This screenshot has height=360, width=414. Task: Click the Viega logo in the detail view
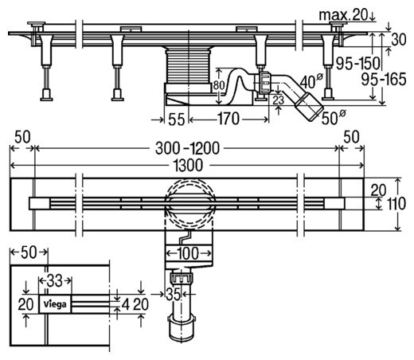[x=55, y=304]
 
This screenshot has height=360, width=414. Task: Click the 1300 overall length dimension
[x=189, y=165]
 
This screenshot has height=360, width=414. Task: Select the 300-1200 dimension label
[x=187, y=148]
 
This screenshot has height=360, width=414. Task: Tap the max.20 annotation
[x=343, y=15]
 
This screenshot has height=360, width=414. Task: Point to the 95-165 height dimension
[x=384, y=80]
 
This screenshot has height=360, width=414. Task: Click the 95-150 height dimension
[x=358, y=64]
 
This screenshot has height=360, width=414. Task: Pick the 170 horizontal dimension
[x=228, y=119]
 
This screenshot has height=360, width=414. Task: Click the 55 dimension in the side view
[x=177, y=119]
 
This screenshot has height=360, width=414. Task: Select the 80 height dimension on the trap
[x=219, y=85]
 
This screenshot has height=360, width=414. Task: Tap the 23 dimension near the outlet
[x=279, y=100]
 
